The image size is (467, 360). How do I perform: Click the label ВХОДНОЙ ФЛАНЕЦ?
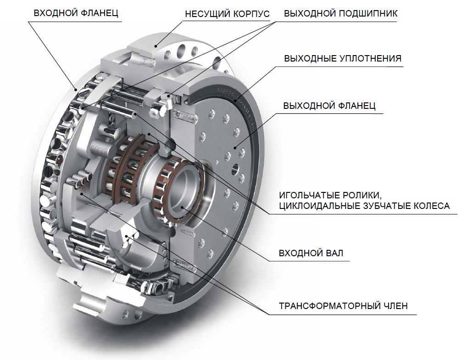[76, 13]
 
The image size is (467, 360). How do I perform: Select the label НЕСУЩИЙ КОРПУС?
[227, 14]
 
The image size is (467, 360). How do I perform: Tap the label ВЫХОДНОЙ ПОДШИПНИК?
[341, 13]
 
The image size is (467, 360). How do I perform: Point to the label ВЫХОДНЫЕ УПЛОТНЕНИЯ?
[343, 58]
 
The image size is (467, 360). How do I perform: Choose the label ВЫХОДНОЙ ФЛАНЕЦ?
[329, 106]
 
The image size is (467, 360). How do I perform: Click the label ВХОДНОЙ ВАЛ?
[311, 253]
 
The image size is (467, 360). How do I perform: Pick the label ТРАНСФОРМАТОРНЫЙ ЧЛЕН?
[344, 306]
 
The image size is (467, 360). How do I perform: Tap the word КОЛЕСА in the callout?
[432, 206]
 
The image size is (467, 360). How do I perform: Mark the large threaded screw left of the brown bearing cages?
[101, 147]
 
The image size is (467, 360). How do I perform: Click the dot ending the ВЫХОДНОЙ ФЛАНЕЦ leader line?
[235, 147]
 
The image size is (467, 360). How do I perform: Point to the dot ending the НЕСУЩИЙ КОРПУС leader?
[156, 46]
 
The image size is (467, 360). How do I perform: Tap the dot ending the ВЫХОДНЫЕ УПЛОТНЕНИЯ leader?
[237, 101]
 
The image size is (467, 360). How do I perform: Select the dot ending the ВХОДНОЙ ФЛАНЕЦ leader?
[76, 89]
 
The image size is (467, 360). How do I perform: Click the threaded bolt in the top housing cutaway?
[147, 62]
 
